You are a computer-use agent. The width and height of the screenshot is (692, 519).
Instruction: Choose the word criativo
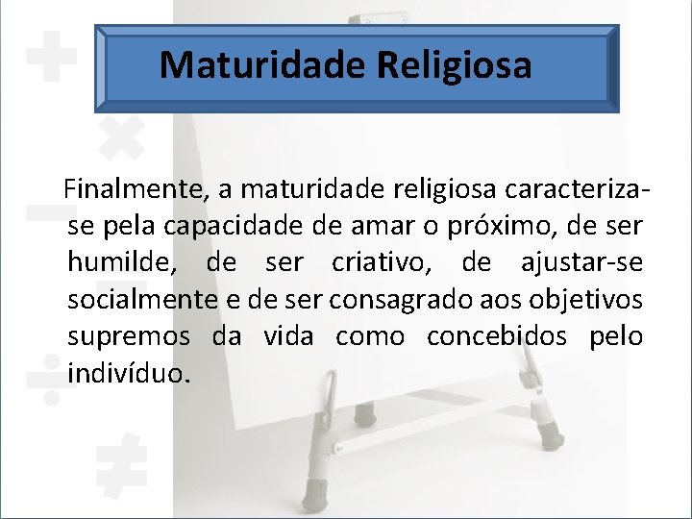tap(383, 262)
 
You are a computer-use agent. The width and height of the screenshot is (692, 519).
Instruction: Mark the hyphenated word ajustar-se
tap(581, 262)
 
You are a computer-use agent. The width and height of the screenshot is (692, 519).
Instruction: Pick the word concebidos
tap(485, 336)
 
